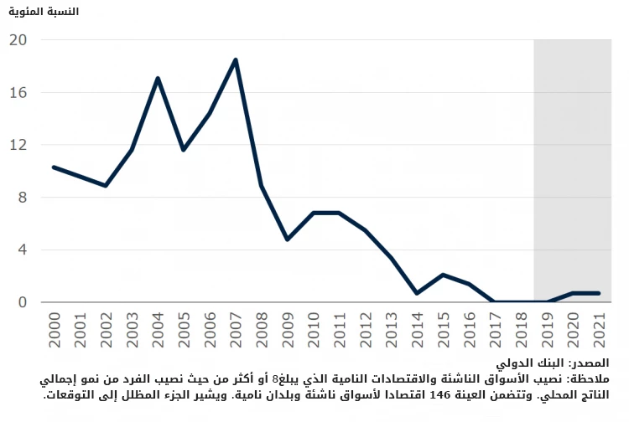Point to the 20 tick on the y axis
click(x=18, y=40)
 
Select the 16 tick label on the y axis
click(x=18, y=93)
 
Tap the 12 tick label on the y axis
click(x=18, y=145)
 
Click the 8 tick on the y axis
click(x=22, y=198)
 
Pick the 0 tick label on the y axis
click(x=22, y=302)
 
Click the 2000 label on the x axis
click(x=54, y=328)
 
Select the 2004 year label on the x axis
click(x=158, y=328)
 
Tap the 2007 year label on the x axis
click(x=236, y=328)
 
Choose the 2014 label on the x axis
click(x=418, y=328)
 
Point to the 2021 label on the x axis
click(x=599, y=328)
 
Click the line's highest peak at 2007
click(x=236, y=59)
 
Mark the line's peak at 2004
click(x=158, y=79)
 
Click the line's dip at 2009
click(x=288, y=239)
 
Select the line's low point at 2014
click(x=417, y=293)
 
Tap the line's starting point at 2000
click(x=54, y=167)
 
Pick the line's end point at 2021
click(x=599, y=293)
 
